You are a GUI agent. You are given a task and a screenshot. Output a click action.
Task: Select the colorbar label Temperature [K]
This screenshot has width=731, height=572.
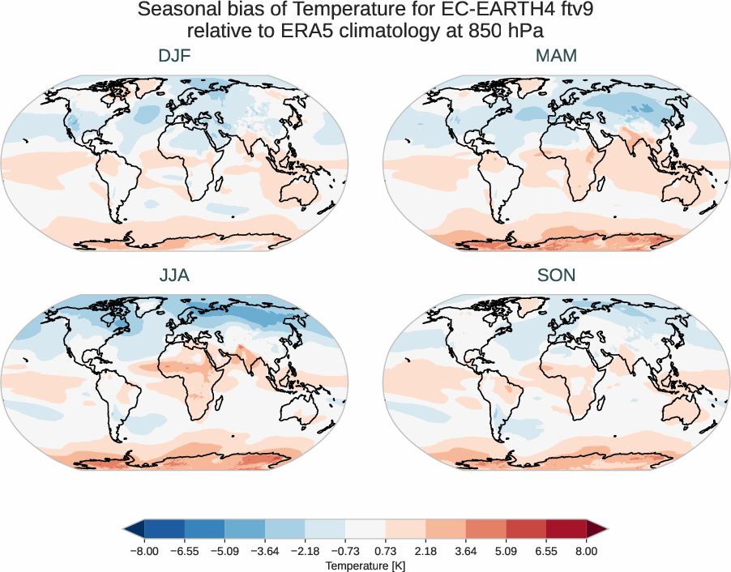[365, 565]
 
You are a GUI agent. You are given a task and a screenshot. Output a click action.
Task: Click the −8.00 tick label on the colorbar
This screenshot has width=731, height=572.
[144, 550]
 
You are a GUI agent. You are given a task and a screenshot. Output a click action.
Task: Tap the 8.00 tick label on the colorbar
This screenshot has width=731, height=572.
[586, 550]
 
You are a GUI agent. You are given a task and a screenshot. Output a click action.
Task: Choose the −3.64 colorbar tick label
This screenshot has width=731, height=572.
[264, 550]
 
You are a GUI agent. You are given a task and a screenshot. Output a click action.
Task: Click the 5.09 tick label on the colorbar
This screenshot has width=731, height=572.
[506, 550]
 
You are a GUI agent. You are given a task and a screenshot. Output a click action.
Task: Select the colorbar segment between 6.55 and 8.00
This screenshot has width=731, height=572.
[566, 530]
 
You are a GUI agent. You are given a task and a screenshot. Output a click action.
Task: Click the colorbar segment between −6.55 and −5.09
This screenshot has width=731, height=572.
[204, 530]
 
